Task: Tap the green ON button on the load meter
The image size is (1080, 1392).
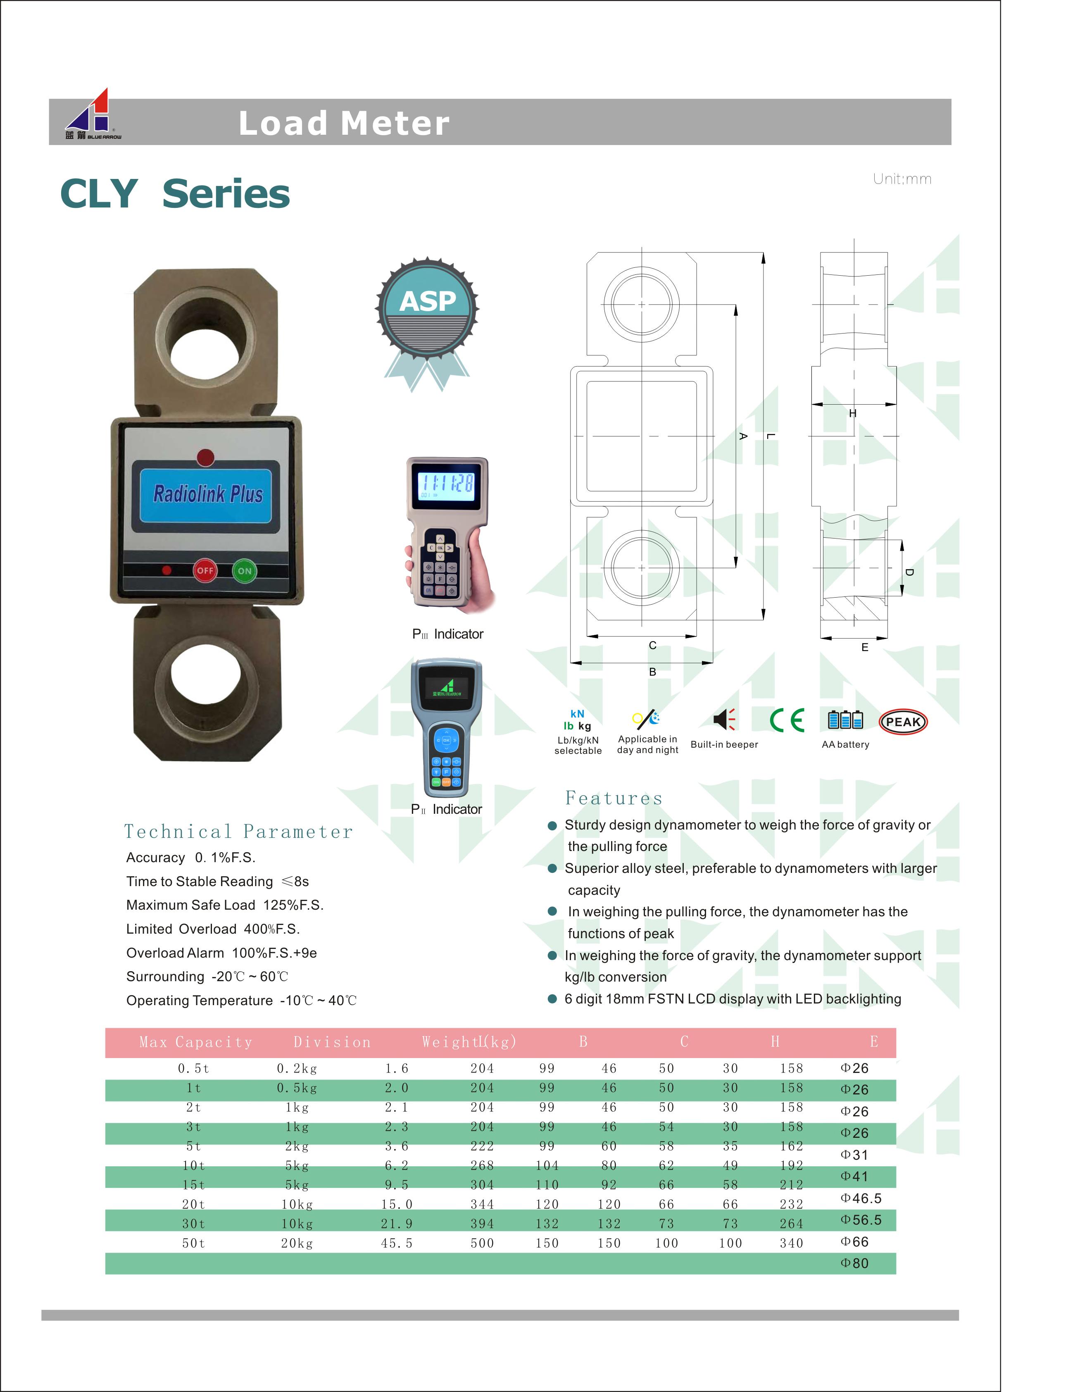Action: pos(245,570)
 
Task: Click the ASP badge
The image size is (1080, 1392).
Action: pos(427,312)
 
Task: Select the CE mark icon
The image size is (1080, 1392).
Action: pos(787,720)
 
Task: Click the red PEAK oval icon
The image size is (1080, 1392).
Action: pos(903,722)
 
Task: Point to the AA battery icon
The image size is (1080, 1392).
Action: pos(845,720)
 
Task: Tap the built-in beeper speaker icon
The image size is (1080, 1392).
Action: pos(724,720)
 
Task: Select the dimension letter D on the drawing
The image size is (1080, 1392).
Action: pos(909,572)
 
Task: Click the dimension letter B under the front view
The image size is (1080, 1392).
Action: pos(652,672)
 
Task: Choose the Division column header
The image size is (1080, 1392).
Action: pos(332,1042)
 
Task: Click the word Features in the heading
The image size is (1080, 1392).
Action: pos(614,798)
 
